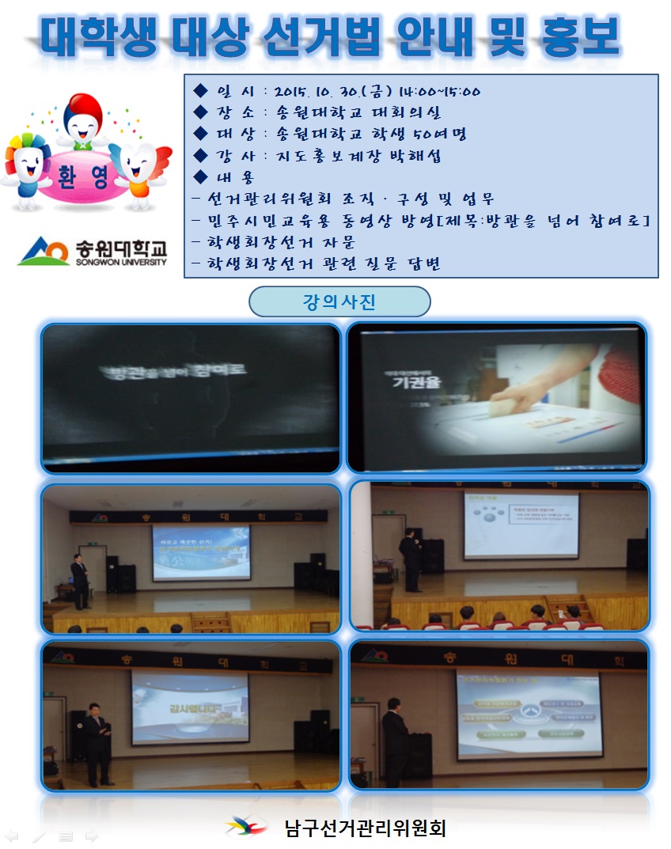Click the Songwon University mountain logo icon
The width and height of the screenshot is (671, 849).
[45, 252]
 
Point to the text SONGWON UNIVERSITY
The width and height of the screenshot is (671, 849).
[121, 262]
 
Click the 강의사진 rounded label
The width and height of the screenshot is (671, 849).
[339, 301]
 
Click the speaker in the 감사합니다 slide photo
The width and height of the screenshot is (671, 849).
[98, 741]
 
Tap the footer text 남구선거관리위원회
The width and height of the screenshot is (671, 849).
[365, 828]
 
